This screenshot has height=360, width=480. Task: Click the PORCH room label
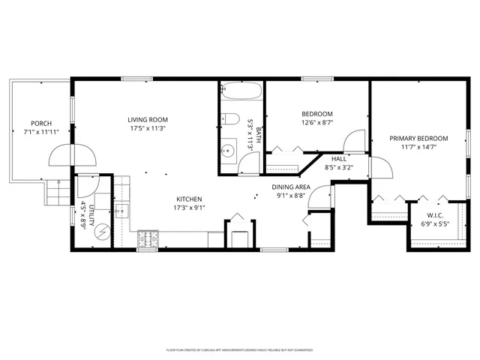(40, 123)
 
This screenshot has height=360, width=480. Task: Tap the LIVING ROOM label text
(147, 119)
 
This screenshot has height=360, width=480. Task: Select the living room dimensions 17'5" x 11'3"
(147, 127)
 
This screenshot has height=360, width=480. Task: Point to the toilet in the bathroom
(230, 120)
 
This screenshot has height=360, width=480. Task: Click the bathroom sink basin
(229, 147)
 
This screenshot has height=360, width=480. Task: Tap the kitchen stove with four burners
(148, 239)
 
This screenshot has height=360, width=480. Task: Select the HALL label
(339, 159)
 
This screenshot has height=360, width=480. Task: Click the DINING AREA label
(291, 187)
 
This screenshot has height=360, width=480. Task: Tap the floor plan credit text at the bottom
(239, 349)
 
